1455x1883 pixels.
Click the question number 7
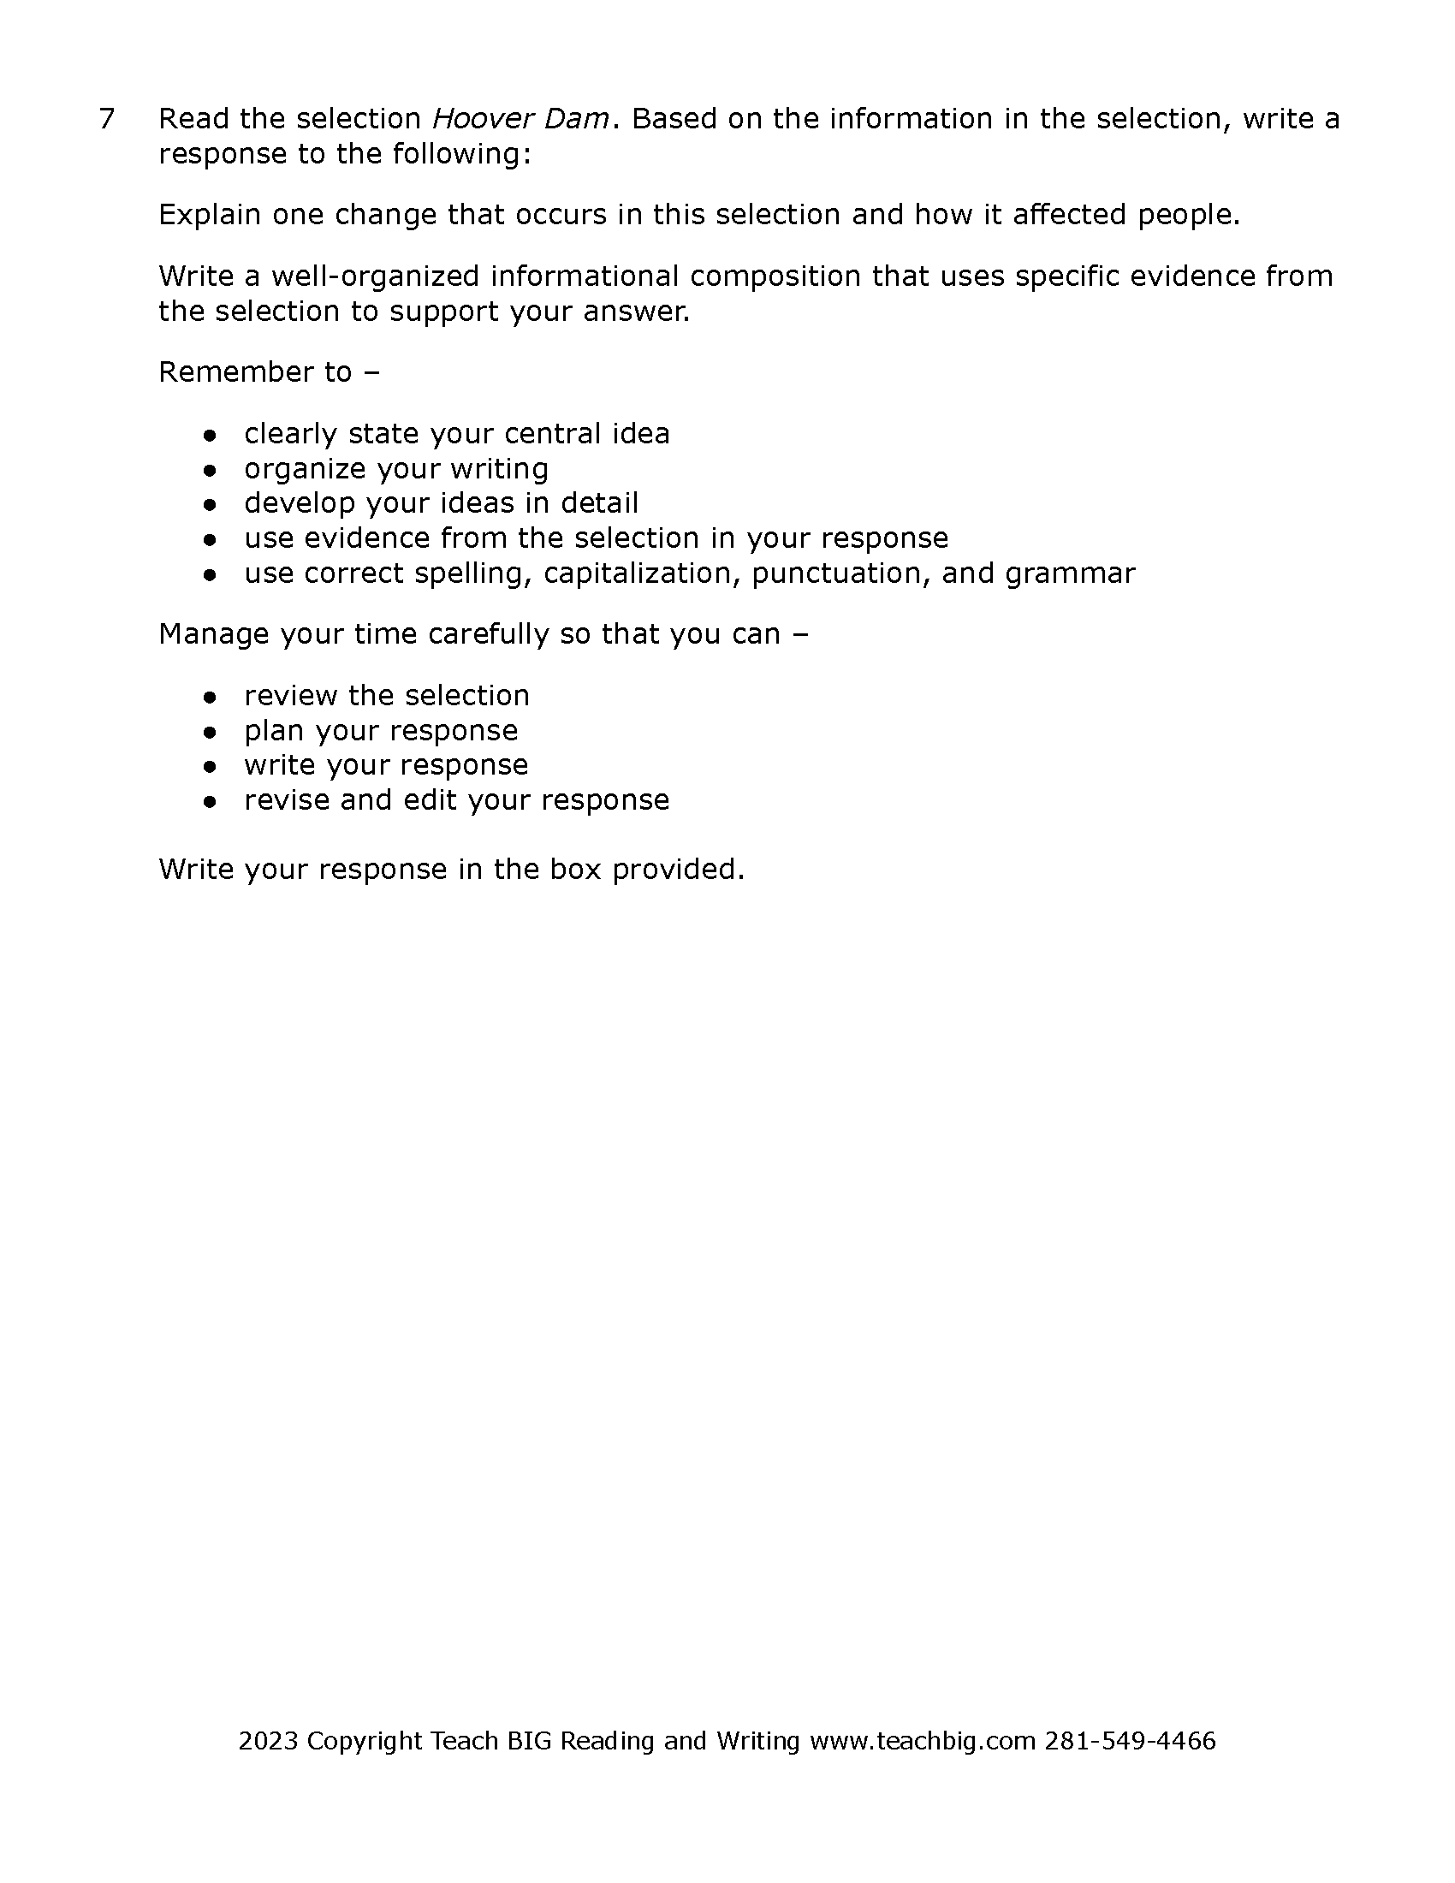[107, 119]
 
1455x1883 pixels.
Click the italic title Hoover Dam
[520, 119]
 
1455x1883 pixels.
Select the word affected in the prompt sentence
[1069, 215]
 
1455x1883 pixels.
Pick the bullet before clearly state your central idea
[209, 436]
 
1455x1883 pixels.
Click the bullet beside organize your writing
[209, 471]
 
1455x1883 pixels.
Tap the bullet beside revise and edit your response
[209, 802]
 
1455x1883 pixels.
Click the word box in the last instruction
[575, 869]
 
